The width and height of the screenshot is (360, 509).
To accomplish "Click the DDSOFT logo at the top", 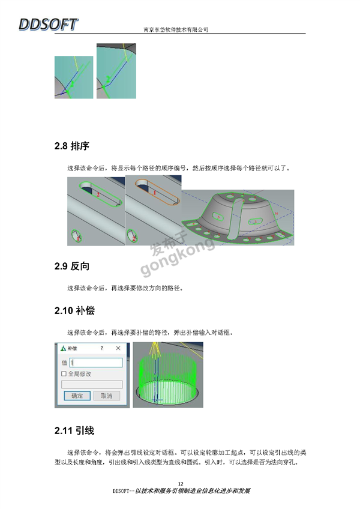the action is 49,25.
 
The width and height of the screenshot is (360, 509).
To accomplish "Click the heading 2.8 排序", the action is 72,146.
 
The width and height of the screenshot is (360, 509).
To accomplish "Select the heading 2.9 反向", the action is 72,266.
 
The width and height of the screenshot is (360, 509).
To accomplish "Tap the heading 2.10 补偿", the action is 74,311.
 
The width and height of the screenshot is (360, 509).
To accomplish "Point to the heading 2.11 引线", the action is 74,431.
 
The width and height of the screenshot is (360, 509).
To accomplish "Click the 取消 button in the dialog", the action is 106,396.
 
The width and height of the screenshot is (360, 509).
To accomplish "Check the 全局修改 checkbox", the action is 64,374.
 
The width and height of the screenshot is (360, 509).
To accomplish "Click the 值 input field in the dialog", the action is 96,363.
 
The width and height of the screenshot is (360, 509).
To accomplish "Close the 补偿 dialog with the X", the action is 118,348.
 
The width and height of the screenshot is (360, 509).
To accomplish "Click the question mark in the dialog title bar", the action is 101,348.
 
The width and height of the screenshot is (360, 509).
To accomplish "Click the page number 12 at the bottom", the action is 181,484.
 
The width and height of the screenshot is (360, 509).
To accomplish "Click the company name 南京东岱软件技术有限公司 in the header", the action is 176,29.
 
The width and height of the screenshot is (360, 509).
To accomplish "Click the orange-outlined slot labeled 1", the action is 157,192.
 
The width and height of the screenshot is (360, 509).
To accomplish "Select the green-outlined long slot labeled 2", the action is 101,194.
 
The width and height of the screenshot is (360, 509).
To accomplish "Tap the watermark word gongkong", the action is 178,258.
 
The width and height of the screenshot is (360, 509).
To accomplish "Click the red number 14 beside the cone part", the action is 276,213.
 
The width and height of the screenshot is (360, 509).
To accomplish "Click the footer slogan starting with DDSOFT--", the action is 181,491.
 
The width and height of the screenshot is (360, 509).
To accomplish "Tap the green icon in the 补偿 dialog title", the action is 64,348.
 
